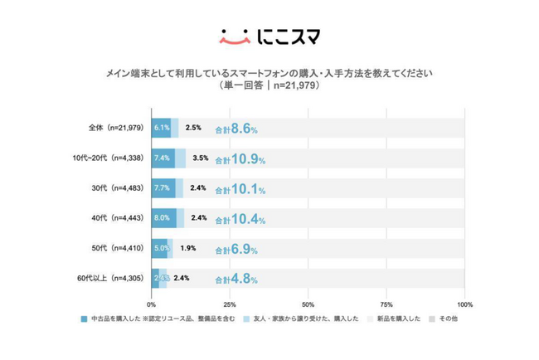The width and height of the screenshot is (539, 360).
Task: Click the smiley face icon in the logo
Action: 236,36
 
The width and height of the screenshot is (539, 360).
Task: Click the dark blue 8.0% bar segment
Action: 163,218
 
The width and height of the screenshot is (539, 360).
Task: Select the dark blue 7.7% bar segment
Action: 163,188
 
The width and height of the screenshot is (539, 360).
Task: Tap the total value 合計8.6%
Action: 236,129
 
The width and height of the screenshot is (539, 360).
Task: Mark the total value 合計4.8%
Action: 236,279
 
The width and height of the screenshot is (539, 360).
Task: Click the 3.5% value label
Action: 200,158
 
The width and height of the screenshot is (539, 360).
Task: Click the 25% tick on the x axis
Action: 230,304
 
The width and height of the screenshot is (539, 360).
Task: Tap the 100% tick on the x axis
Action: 464,304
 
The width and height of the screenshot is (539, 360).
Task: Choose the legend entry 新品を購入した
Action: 394,319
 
